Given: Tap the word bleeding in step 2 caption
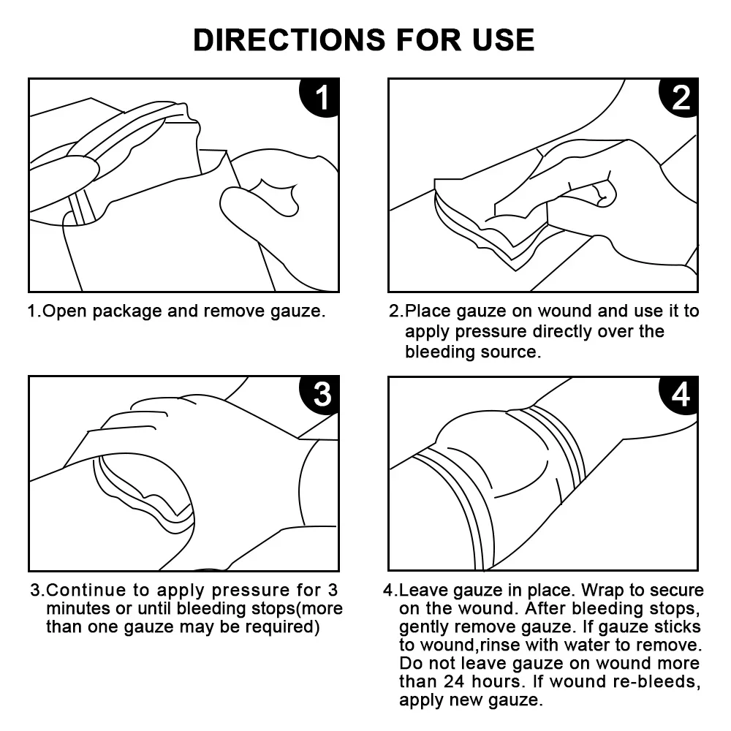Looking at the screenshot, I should point(436,352).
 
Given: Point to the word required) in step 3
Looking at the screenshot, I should point(284,627).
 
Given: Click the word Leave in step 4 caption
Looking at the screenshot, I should point(420,590).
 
